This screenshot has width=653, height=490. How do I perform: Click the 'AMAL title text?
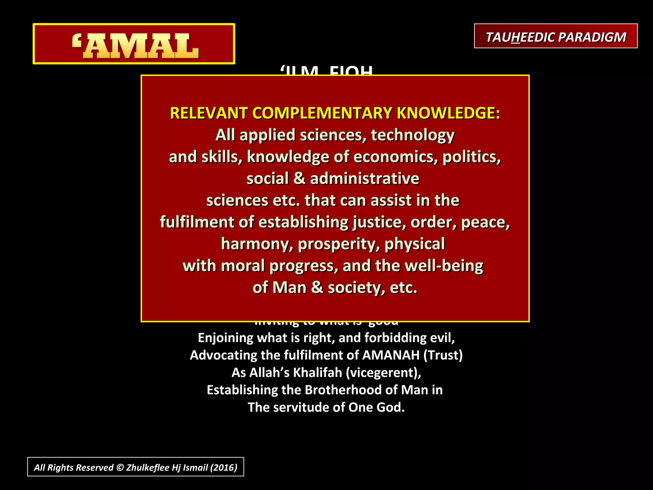[135, 46]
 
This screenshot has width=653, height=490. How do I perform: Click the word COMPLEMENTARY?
[322, 113]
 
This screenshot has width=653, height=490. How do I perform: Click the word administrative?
[364, 179]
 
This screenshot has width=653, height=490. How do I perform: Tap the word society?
[354, 288]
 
